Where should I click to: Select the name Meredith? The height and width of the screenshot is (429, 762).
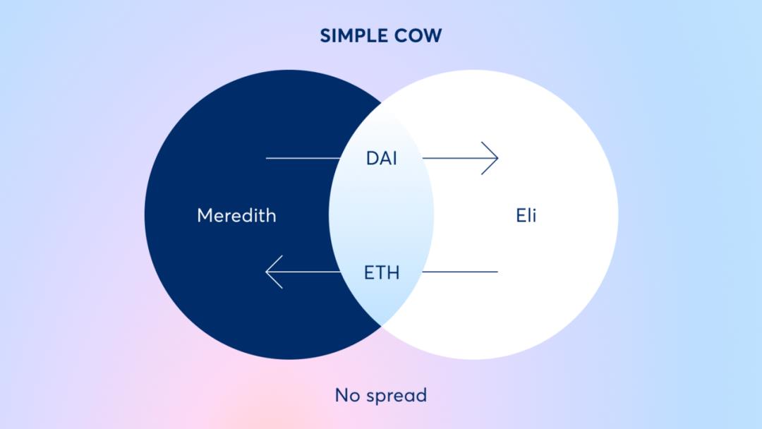tap(236, 215)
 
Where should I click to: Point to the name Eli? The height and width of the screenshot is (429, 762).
tap(526, 214)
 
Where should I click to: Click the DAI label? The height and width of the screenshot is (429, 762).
tap(382, 158)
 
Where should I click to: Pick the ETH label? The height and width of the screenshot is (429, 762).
tap(382, 272)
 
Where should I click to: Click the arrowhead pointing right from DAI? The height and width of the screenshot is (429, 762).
tap(490, 158)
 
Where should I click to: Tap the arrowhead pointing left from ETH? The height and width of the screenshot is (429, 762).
tap(274, 272)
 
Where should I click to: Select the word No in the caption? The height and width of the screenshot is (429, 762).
tap(347, 395)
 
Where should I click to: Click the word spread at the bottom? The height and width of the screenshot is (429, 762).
tap(396, 396)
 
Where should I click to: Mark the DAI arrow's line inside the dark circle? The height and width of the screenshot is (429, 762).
tap(303, 158)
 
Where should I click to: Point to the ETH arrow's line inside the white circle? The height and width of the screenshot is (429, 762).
tap(460, 272)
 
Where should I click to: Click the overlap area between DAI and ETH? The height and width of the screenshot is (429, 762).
tap(382, 214)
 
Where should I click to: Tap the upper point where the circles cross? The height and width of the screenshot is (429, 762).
tap(382, 103)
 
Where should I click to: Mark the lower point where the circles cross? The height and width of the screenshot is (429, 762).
tap(382, 327)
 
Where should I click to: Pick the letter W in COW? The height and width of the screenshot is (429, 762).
tap(432, 35)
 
